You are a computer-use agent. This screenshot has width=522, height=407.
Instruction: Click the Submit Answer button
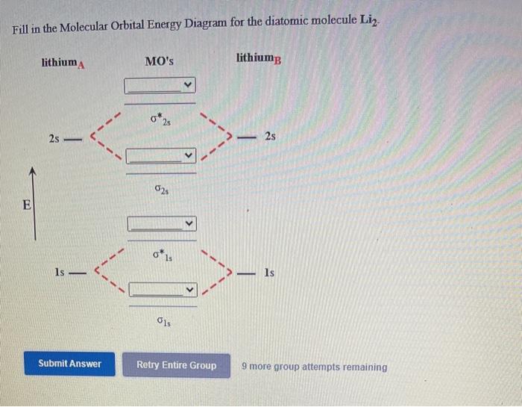click(69, 364)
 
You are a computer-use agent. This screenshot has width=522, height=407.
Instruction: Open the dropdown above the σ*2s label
click(160, 85)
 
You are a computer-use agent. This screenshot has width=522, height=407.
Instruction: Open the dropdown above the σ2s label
click(160, 156)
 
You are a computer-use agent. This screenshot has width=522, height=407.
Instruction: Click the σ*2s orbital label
click(161, 119)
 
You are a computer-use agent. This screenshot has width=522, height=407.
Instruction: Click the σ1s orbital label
click(163, 323)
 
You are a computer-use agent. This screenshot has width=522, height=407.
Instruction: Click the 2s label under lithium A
click(54, 139)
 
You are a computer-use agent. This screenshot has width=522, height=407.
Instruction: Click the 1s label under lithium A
click(60, 273)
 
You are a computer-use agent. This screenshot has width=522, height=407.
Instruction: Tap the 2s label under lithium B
click(270, 137)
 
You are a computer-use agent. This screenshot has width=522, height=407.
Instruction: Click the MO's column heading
click(160, 61)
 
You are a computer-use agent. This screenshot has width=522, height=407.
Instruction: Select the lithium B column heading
click(259, 58)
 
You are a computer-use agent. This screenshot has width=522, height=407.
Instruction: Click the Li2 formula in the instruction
click(371, 20)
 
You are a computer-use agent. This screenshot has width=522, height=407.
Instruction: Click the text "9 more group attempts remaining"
click(315, 367)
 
